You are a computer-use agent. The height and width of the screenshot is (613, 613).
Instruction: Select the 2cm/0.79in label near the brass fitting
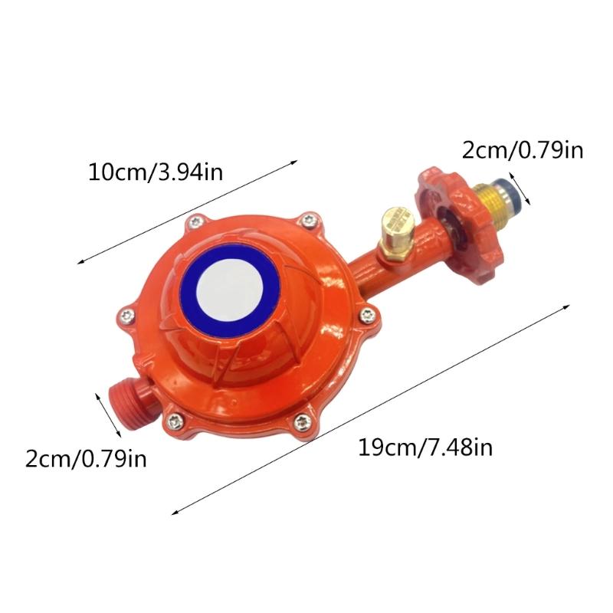point(523,149)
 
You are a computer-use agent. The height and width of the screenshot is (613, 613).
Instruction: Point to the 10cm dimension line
point(188,211)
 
